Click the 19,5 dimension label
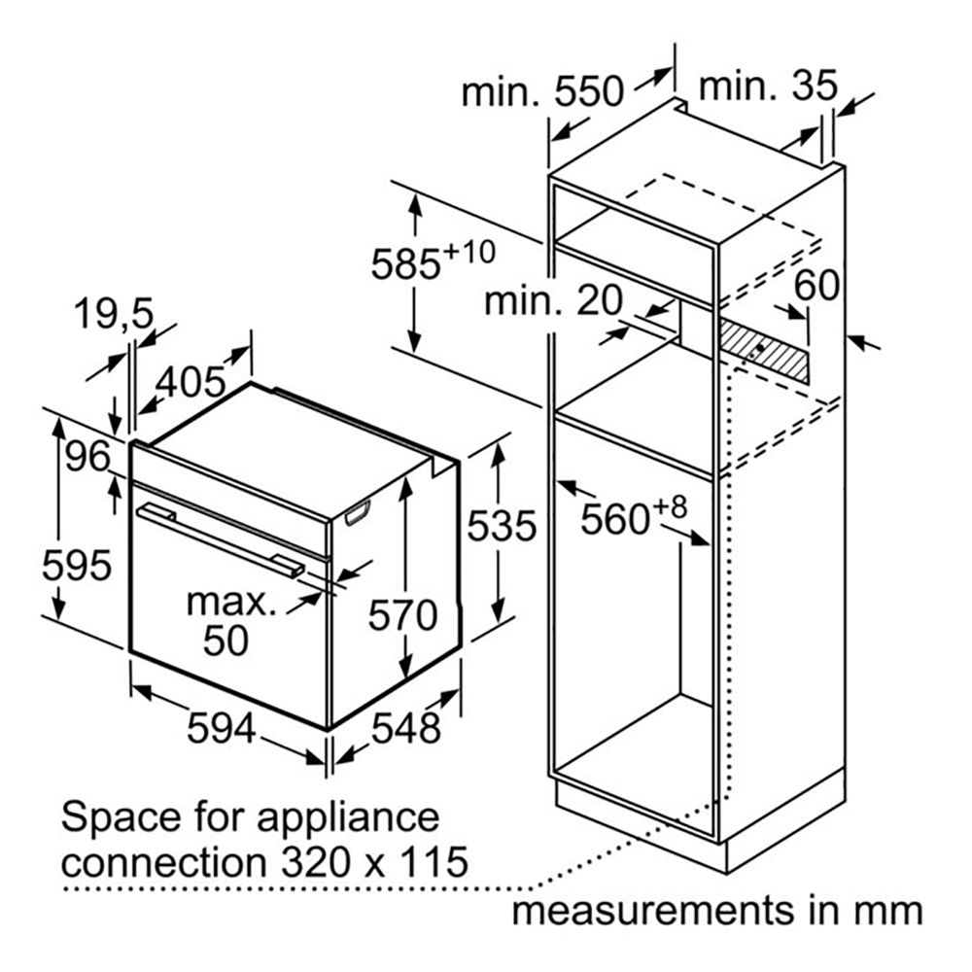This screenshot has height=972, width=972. point(114,314)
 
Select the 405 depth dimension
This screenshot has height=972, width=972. point(191,382)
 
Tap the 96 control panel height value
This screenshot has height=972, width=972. point(87,457)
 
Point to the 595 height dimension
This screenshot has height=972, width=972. point(76,566)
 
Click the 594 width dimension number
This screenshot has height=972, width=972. point(222,728)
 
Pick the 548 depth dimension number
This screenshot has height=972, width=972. point(406,728)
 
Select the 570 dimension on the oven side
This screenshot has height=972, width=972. point(403,615)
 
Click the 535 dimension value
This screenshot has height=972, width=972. point(502,526)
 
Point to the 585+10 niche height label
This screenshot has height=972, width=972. point(434,260)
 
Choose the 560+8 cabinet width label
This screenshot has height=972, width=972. point(634,515)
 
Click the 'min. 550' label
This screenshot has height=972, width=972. point(542,91)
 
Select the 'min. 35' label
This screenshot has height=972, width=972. point(768,87)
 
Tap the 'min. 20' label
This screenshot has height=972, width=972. point(552,300)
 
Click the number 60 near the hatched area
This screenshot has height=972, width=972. point(817,286)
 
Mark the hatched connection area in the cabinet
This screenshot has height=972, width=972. point(764,352)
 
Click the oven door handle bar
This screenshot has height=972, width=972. point(221,540)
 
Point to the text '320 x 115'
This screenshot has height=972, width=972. point(374,862)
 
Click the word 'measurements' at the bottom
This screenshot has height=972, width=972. point(653,912)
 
